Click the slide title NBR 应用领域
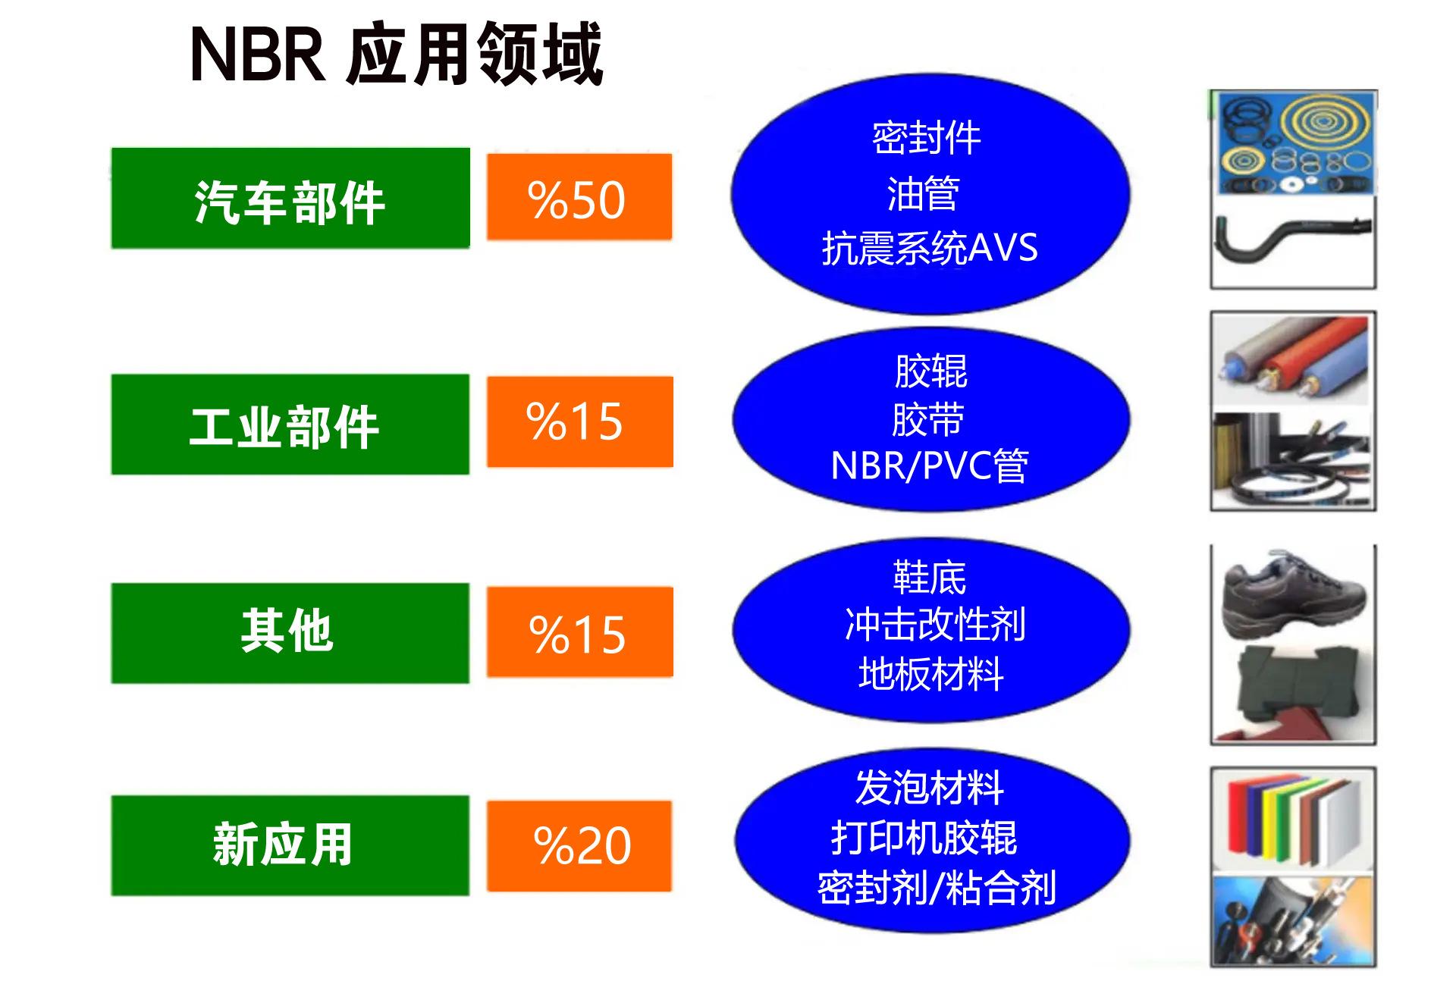(x=396, y=53)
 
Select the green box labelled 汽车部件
(x=290, y=198)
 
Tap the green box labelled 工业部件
(x=290, y=425)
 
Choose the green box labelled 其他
(x=290, y=633)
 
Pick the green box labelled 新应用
(x=290, y=845)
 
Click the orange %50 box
(x=579, y=197)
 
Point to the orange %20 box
(x=579, y=846)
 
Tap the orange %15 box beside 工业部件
(x=580, y=422)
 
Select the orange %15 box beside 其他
(x=580, y=632)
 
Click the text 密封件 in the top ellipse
(x=927, y=138)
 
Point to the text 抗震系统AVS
(x=930, y=248)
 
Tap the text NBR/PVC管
(x=930, y=465)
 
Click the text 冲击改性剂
(x=935, y=625)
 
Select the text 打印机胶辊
(x=924, y=838)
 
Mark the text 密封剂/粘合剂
(x=937, y=888)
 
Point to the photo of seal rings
(x=1293, y=143)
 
